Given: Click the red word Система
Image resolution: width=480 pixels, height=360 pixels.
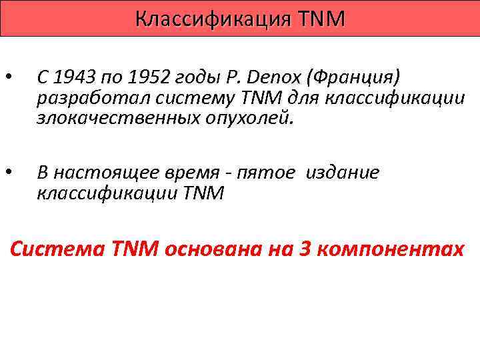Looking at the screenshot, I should (51, 250).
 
